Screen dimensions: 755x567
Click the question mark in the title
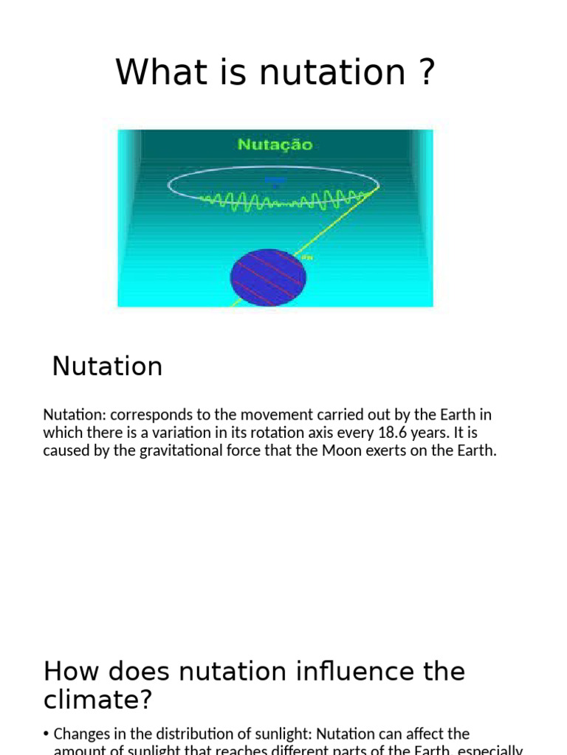point(426,73)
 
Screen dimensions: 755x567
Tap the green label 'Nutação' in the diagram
point(275,145)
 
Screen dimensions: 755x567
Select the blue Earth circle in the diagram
point(268,277)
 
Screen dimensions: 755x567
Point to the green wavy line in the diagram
point(281,201)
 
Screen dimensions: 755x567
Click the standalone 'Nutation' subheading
point(107,366)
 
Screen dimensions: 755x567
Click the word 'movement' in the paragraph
point(258,414)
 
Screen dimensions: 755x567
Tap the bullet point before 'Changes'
point(47,734)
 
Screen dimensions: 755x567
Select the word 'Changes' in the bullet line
point(81,734)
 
